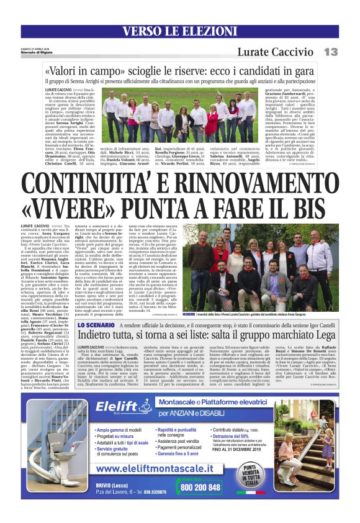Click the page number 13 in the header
330,52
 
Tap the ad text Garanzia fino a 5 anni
183,454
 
